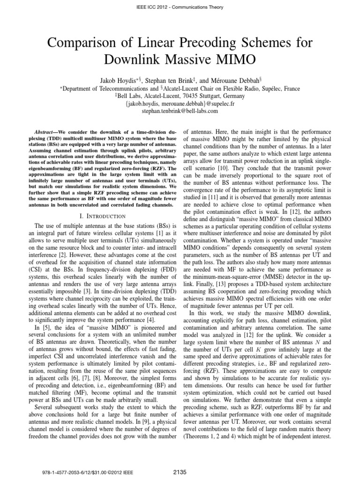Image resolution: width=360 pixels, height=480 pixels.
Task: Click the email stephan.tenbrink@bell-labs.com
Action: click(x=180, y=112)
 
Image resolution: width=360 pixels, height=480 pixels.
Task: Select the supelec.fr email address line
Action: click(x=180, y=104)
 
